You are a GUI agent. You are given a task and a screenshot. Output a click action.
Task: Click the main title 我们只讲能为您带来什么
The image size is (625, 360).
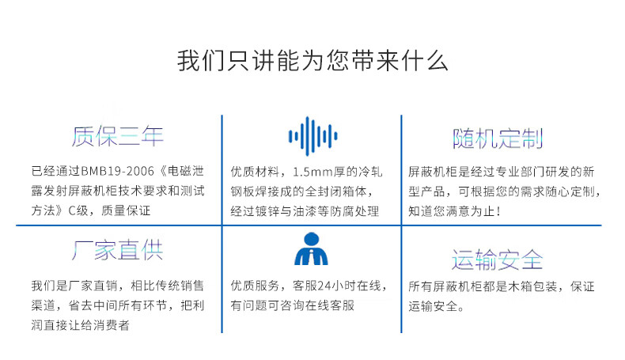click(312, 61)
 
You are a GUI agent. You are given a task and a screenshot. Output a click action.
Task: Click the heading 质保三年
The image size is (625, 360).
click(118, 136)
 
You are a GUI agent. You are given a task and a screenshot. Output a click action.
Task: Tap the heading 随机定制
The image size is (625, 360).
click(498, 138)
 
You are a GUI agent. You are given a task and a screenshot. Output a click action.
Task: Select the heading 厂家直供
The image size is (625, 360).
click(118, 250)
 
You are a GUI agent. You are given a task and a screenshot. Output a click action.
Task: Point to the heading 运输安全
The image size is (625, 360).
click(498, 260)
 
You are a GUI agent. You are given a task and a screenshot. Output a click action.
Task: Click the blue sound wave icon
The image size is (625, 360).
click(313, 136)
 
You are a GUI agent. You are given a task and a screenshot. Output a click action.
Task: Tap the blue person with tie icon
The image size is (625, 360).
click(311, 248)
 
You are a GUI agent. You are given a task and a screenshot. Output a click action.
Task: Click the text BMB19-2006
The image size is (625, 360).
click(117, 172)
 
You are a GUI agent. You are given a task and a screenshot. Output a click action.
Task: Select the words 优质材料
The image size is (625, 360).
click(255, 172)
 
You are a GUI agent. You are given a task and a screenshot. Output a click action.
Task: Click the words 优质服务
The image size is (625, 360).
click(255, 286)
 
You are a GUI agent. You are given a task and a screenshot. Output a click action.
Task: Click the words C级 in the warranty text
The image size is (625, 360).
click(78, 210)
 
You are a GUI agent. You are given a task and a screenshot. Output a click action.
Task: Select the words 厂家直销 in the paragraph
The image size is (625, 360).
click(93, 286)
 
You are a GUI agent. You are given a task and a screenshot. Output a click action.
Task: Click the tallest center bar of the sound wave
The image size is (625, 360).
click(307, 136)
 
